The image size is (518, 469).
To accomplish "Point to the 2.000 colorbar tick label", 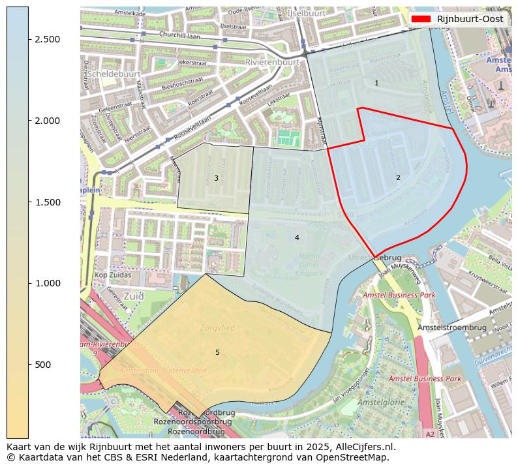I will tap(47, 121).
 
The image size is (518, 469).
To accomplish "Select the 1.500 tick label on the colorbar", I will tap(47, 202).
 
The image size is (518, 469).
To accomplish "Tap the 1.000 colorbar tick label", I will tap(47, 283).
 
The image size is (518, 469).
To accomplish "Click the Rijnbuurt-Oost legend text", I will tap(470, 19).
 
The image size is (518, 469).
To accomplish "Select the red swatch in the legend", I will tap(421, 19).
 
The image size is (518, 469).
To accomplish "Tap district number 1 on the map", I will tap(376, 83).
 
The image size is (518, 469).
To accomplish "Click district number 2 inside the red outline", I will tap(398, 177).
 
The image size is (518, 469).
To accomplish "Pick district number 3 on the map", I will tap(216, 178).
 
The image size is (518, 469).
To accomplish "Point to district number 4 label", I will tap(297, 237).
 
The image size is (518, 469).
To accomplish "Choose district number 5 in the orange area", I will tap(217, 352).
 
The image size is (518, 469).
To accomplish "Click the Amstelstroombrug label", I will tap(452, 327).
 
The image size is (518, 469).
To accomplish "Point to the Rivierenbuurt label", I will tap(272, 62).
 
